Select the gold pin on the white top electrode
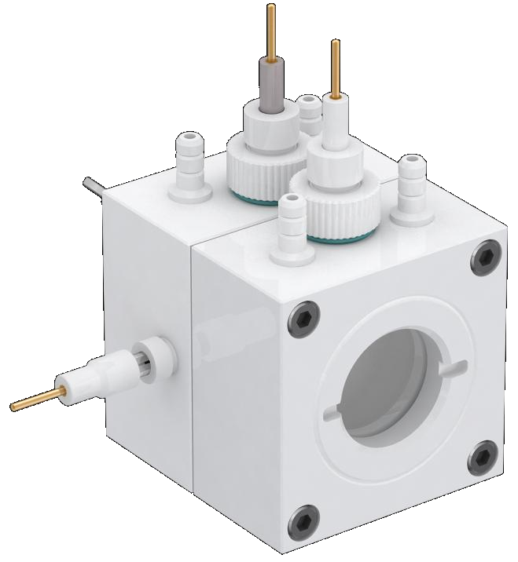point(336,66)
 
